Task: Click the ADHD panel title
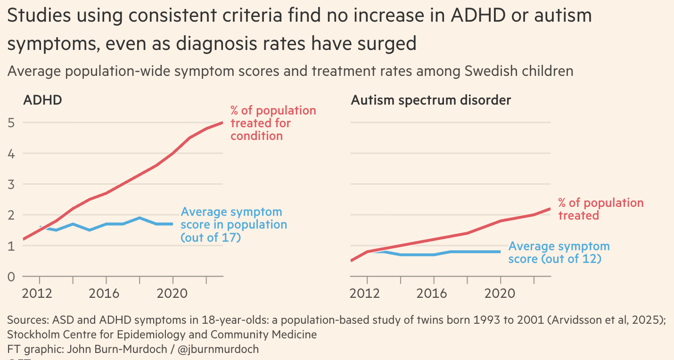click(x=43, y=100)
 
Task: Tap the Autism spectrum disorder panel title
click(x=431, y=100)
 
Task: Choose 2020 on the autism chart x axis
click(x=500, y=293)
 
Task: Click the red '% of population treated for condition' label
click(x=273, y=123)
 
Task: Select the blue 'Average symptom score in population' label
click(x=234, y=225)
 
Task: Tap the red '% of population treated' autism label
click(x=600, y=209)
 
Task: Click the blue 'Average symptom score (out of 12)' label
click(x=559, y=253)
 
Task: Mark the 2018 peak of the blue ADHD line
click(x=140, y=218)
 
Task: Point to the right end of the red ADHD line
click(x=222, y=123)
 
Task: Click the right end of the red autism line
click(x=550, y=209)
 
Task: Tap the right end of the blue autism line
click(x=500, y=252)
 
